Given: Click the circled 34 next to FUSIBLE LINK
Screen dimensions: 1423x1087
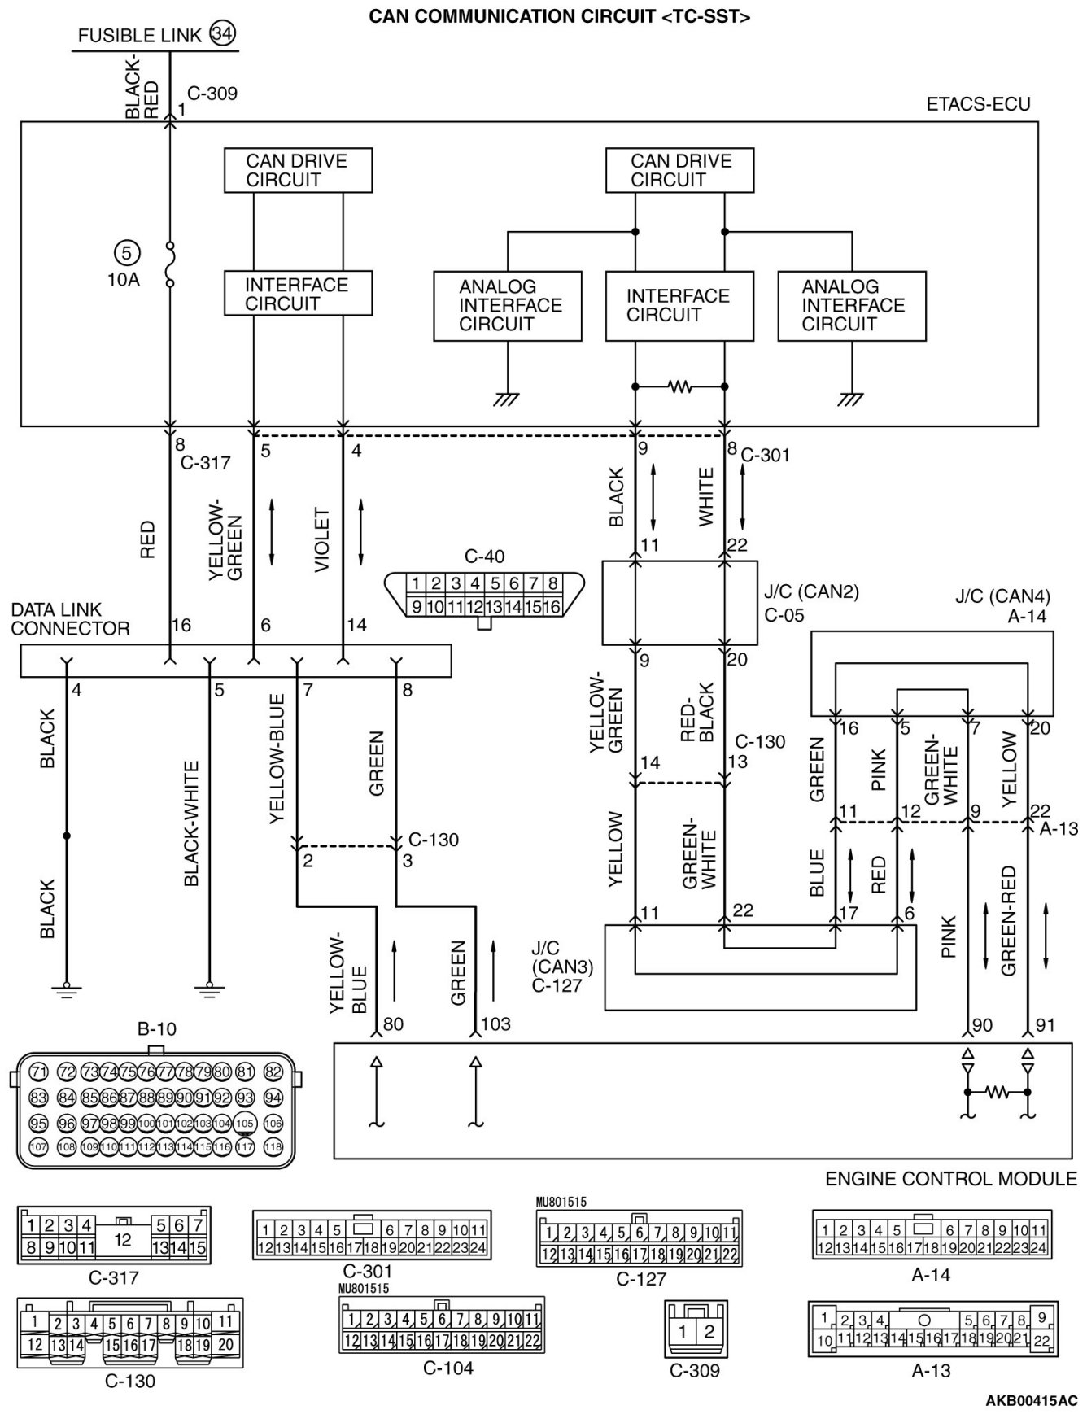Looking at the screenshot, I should coord(220,33).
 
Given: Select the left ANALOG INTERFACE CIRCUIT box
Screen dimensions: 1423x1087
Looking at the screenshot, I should coord(508,306).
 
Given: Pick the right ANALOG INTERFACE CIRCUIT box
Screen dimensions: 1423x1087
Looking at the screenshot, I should coord(851,306).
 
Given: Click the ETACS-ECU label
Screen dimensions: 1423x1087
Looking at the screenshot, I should coord(978,105).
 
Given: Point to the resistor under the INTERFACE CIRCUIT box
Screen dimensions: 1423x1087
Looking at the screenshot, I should coord(679,387).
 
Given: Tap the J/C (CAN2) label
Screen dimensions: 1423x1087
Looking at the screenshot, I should coord(811,591).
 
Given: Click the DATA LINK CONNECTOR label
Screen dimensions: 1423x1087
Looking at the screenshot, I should coord(70,619).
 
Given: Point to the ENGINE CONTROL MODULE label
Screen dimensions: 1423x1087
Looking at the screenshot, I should coord(950,1179).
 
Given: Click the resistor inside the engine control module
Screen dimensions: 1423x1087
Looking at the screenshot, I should coord(998,1092).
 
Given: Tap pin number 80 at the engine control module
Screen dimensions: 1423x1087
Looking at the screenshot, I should coord(393,1025).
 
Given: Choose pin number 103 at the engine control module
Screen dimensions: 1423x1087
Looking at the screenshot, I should coord(495,1025).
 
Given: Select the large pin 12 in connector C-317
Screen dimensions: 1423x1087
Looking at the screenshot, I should coord(123,1240).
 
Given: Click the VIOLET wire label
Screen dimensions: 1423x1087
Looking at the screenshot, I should coord(322,540).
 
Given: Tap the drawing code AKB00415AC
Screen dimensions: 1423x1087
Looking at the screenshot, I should coord(1031,1401).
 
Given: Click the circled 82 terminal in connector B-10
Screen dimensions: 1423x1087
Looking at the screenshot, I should coord(273,1072).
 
